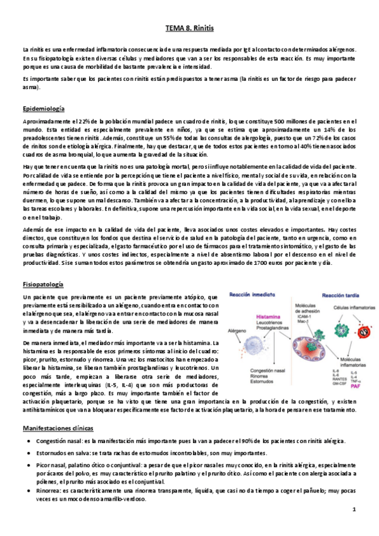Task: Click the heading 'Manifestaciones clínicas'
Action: click(x=58, y=411)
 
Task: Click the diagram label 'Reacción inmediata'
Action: click(x=250, y=295)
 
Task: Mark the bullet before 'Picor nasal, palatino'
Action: click(x=30, y=448)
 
